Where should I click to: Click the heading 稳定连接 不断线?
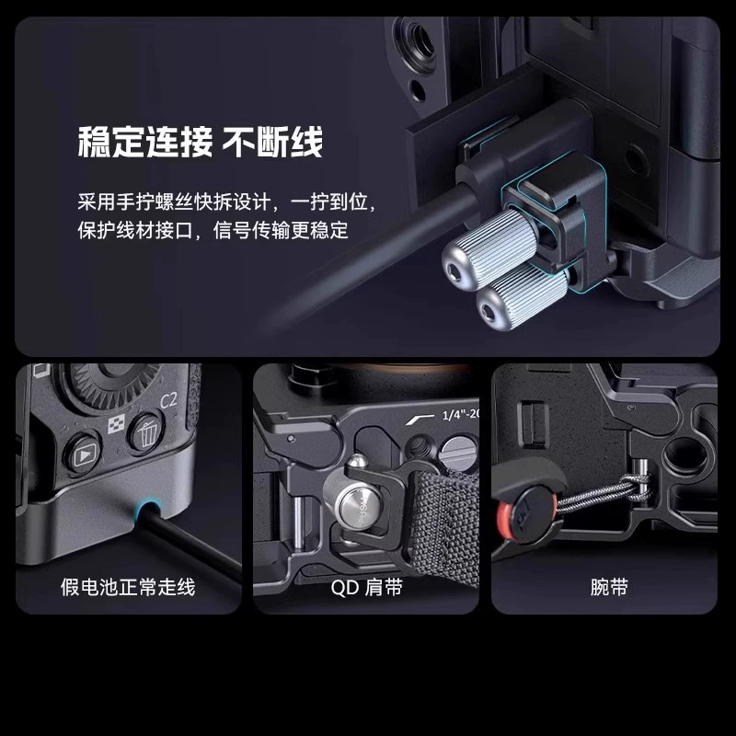point(201,143)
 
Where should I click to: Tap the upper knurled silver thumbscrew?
point(490,244)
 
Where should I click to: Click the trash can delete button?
point(146,431)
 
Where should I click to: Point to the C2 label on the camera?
point(168,400)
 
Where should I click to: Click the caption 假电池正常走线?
point(128,587)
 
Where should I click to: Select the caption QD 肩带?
point(366,587)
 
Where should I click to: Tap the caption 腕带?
point(609,587)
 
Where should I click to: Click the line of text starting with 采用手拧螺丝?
point(227,202)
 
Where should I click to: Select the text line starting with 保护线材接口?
point(213,231)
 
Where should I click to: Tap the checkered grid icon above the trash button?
point(116,424)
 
